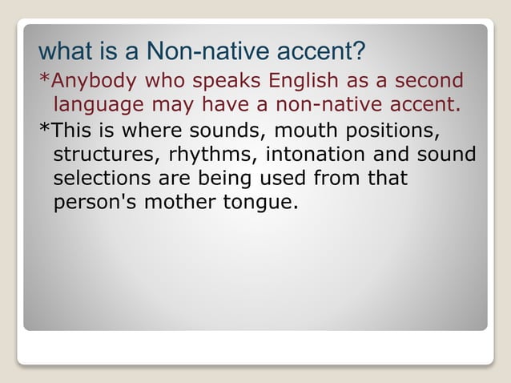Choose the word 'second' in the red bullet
424,81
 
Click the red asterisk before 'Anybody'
44,79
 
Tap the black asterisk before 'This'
44,128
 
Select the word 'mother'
171,202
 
